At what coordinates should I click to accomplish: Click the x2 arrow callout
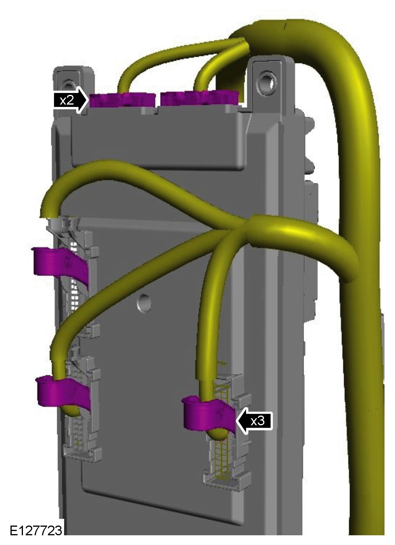pos(70,100)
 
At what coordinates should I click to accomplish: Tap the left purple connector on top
pos(122,100)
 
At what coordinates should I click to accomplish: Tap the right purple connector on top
pos(199,98)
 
